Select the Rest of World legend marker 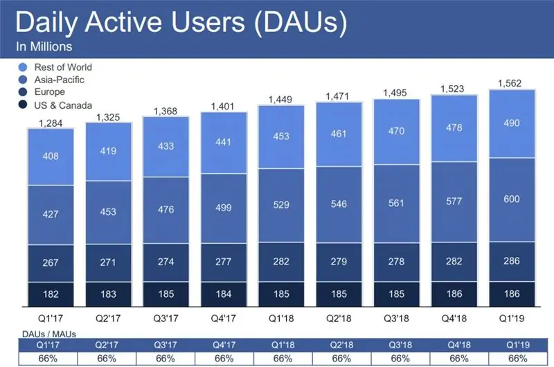point(24,67)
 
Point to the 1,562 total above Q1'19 point(511,84)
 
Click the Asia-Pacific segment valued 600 point(511,199)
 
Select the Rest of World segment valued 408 point(51,156)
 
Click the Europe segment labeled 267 point(51,262)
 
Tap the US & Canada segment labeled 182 point(51,293)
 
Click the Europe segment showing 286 point(511,262)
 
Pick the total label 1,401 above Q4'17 point(223,106)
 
